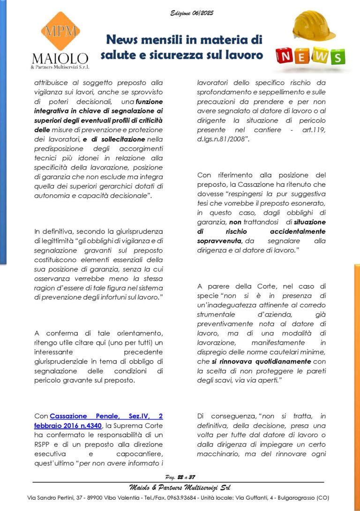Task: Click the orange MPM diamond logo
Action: tap(60, 30)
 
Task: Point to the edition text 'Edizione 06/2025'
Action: tap(192, 13)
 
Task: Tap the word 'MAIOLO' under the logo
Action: tap(60, 59)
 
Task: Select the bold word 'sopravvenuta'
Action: tap(219, 241)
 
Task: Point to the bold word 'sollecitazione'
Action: tap(121, 139)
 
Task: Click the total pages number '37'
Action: tap(192, 477)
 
